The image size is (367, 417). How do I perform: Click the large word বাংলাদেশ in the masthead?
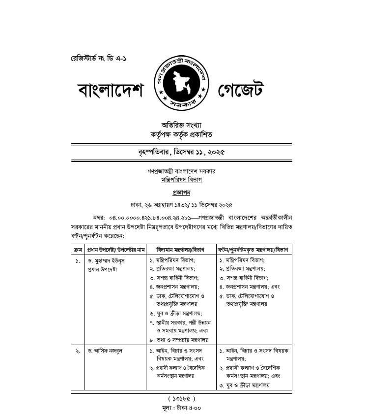coord(111,91)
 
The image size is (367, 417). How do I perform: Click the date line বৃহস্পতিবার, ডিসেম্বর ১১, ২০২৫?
coord(182,152)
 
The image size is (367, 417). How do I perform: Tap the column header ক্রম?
coord(78,250)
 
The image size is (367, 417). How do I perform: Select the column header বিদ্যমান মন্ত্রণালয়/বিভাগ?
coord(180,250)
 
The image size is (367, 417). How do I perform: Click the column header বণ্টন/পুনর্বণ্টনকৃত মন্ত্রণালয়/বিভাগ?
coord(254,250)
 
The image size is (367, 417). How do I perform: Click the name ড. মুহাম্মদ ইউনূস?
coord(110,260)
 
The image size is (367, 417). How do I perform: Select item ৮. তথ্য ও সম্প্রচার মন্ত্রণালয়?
coord(179,340)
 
